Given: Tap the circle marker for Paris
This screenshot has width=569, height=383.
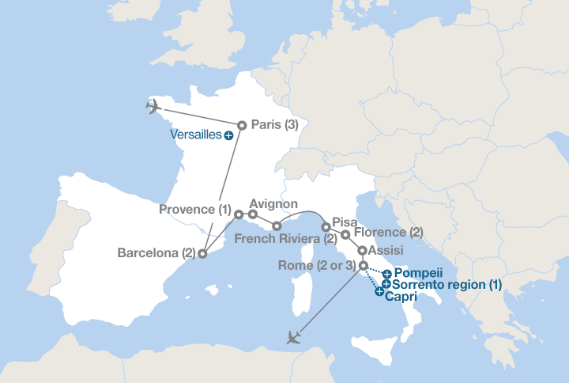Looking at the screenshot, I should [242, 124].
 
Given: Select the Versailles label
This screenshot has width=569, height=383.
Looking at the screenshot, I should [196, 135].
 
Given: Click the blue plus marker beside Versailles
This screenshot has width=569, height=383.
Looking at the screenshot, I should [228, 135].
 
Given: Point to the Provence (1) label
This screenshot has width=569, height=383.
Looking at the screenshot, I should [194, 210].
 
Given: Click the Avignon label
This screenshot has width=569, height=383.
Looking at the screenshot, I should [273, 203].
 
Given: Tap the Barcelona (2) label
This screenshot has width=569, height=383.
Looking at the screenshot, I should [156, 254].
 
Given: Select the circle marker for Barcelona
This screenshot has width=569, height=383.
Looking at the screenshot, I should [202, 254].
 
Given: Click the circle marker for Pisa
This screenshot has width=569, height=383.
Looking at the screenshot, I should [326, 227].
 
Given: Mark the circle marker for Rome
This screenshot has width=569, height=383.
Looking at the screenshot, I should [363, 265].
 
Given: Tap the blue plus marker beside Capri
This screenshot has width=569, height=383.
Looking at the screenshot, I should [380, 294].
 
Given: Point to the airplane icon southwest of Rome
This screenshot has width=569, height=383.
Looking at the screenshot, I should [295, 338].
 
